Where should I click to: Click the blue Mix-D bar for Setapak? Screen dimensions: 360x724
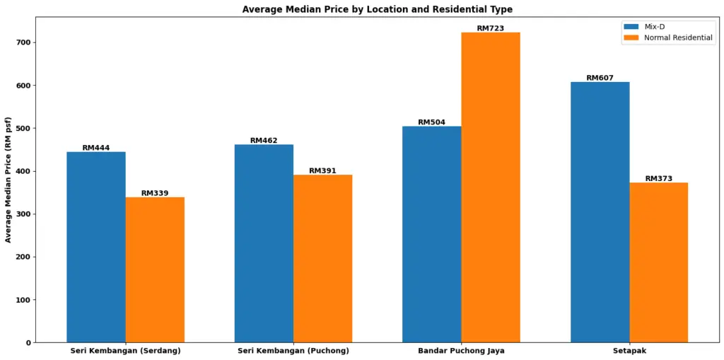[600, 212]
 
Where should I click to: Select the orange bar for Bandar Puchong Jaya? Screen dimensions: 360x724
[490, 187]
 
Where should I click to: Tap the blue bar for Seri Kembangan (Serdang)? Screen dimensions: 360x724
[96, 247]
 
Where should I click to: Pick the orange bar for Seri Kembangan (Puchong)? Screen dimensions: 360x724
[322, 258]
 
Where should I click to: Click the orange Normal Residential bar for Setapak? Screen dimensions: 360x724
[658, 262]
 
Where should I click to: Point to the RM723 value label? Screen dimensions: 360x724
[490, 28]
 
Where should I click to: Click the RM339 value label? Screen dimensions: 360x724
[155, 193]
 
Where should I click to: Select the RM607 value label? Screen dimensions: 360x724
[600, 78]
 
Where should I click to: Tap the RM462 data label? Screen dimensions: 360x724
[264, 140]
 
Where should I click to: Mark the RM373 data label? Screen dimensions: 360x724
[658, 178]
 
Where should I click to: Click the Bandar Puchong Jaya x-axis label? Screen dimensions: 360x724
[461, 351]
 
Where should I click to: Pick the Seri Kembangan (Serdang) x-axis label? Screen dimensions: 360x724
[125, 351]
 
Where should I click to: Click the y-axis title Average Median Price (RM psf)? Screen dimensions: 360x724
[8, 180]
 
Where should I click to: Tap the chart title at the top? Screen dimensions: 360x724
[377, 9]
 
